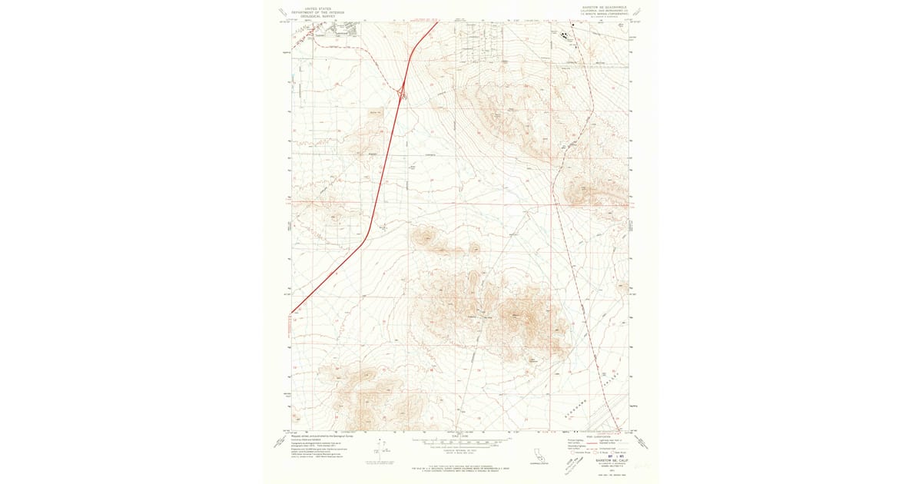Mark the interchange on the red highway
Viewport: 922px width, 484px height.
click(x=403, y=94)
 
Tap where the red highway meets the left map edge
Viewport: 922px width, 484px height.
click(x=292, y=313)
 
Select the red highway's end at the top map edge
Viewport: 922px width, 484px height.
click(x=436, y=22)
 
